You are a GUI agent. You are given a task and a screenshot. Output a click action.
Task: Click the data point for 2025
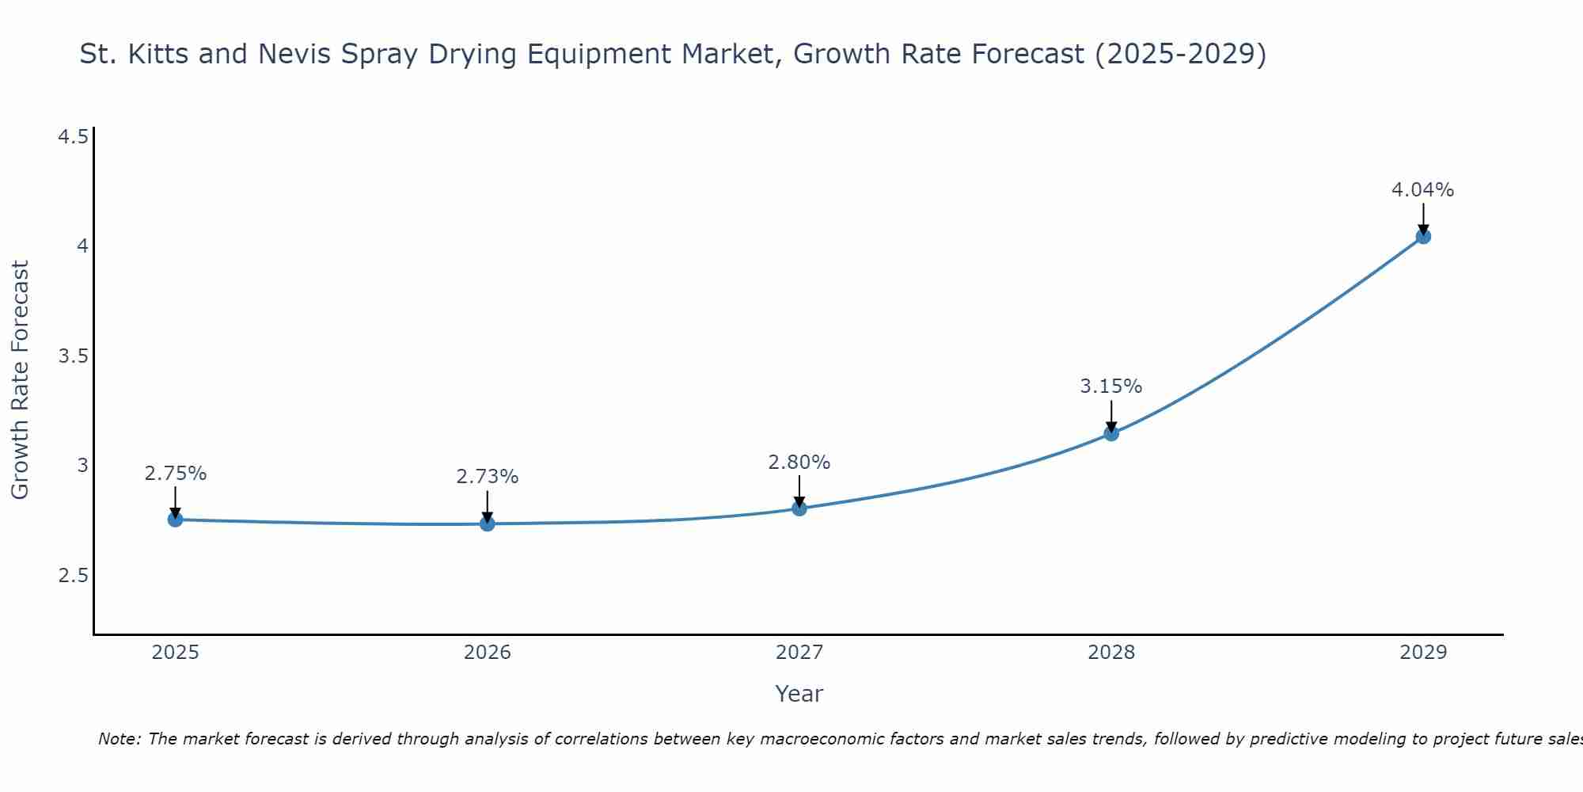pos(175,520)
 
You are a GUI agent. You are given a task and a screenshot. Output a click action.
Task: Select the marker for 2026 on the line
pos(487,524)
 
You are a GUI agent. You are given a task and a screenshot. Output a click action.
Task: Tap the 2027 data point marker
pos(799,508)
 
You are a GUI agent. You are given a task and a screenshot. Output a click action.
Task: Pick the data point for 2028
pos(1110,433)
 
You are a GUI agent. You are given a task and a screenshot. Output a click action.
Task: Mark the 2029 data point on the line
pos(1422,236)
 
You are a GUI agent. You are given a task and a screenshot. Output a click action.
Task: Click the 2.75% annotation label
pos(175,474)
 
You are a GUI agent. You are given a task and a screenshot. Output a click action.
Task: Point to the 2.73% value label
pos(487,477)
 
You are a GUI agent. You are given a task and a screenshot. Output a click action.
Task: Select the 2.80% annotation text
pos(799,463)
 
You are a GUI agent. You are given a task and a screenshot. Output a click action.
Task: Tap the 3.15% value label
pos(1110,386)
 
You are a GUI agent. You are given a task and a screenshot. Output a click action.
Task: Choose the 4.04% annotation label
pos(1422,190)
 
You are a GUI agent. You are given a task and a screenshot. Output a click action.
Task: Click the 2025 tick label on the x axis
pos(175,653)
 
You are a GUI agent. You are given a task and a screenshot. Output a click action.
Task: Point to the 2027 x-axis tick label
pos(799,653)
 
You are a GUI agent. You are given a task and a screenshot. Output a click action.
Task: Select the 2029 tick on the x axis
pos(1422,653)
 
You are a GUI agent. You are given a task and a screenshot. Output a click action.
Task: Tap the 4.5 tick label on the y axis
pos(73,138)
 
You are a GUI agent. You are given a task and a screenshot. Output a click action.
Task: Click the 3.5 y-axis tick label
pos(73,356)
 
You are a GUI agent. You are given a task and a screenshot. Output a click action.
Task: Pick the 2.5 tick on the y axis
pos(73,576)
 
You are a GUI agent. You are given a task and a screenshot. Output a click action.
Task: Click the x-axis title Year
pos(799,694)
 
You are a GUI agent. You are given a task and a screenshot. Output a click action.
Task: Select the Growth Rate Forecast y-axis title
pos(20,380)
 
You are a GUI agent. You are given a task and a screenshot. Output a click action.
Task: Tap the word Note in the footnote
pos(119,739)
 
